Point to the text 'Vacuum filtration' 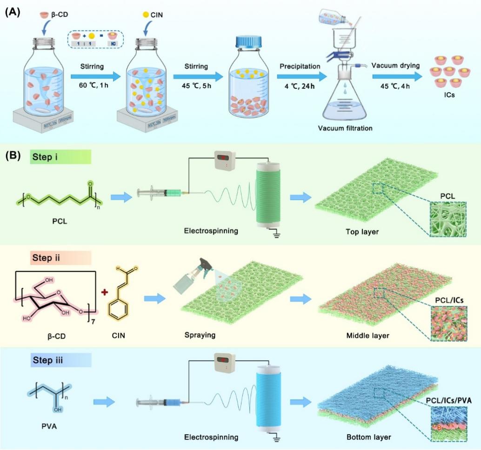344,128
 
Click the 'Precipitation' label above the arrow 300,66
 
